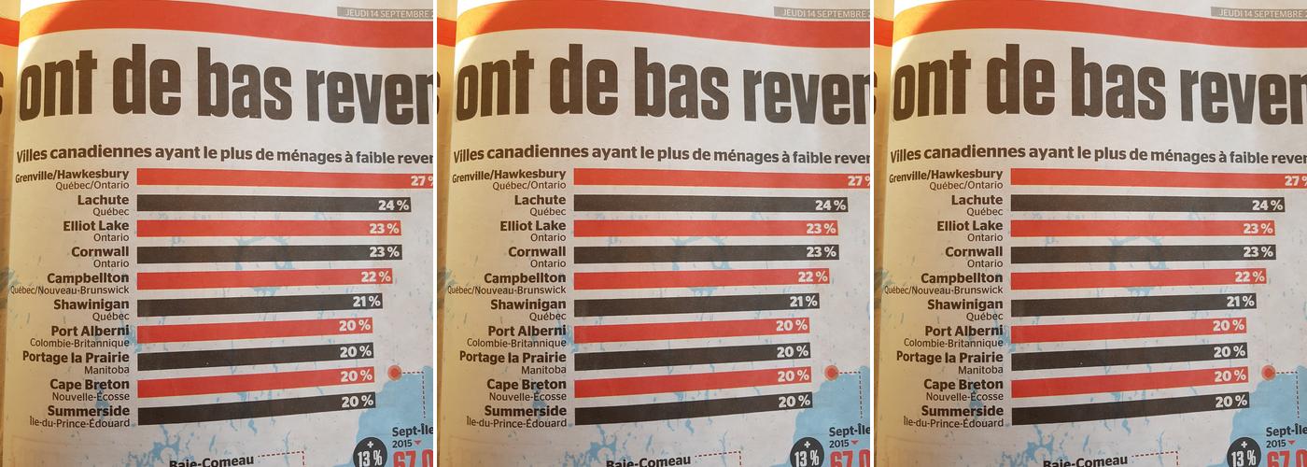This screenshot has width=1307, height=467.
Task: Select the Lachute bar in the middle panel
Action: [700, 204]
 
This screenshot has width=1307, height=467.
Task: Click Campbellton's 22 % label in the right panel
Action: [1248, 276]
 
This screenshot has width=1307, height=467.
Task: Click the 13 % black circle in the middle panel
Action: [806, 457]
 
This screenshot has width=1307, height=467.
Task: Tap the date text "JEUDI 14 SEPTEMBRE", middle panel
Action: [822, 13]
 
